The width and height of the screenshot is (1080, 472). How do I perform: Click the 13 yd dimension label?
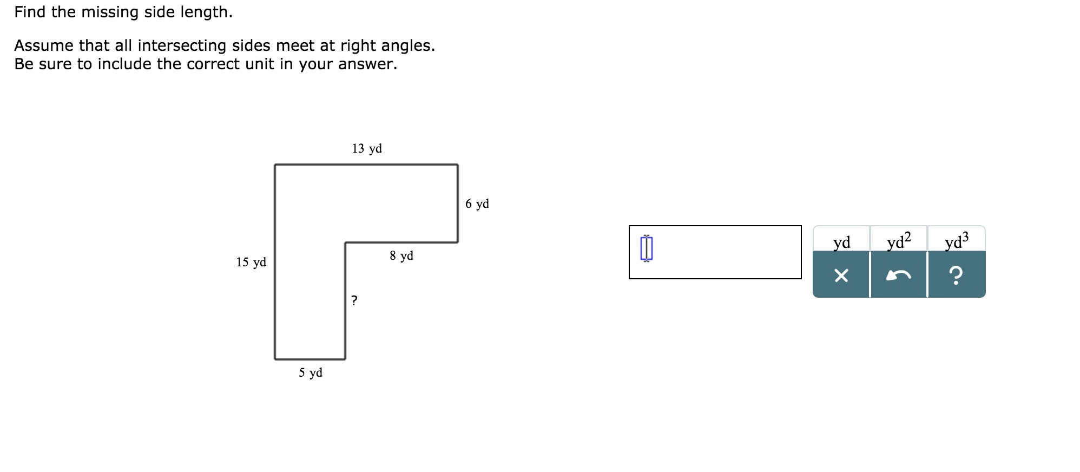pyautogui.click(x=367, y=149)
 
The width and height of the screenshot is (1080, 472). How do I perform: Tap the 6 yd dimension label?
pyautogui.click(x=477, y=204)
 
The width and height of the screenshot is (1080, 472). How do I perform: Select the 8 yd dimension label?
pyautogui.click(x=401, y=256)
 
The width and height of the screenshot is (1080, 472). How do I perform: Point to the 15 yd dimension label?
pyautogui.click(x=251, y=263)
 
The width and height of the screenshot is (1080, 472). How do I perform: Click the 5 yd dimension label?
pyautogui.click(x=311, y=373)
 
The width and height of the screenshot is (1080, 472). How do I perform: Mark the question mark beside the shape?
pyautogui.click(x=354, y=300)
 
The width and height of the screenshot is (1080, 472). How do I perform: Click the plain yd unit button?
pyautogui.click(x=841, y=241)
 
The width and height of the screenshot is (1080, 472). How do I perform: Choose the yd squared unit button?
pyautogui.click(x=899, y=241)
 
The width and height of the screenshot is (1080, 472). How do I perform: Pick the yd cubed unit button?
pyautogui.click(x=957, y=241)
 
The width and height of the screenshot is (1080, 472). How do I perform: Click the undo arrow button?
pyautogui.click(x=899, y=276)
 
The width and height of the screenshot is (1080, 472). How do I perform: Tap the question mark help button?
pyautogui.click(x=957, y=276)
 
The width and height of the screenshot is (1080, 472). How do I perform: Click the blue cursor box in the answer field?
pyautogui.click(x=647, y=248)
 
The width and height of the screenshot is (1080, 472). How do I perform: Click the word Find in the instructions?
pyautogui.click(x=30, y=12)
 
